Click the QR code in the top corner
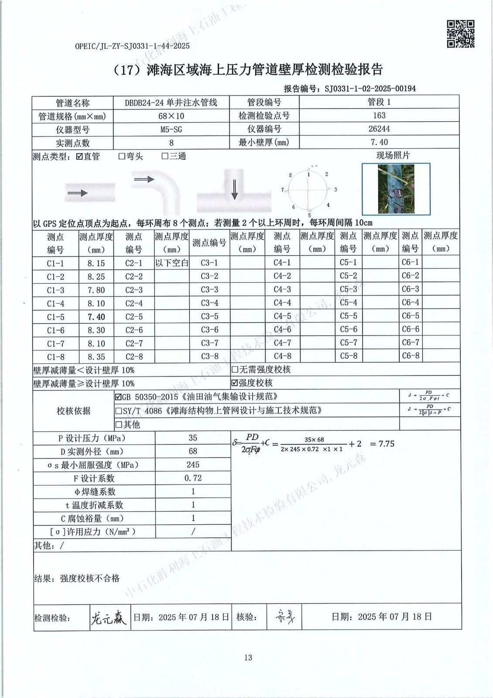click(x=460, y=34)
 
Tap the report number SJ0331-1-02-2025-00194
click(x=370, y=89)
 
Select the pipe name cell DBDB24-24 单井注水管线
click(x=171, y=103)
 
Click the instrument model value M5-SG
click(x=171, y=129)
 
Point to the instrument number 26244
click(x=379, y=129)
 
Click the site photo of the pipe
click(x=396, y=188)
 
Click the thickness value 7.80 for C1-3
click(x=96, y=290)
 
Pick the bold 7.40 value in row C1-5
click(x=96, y=317)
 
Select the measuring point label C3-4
click(x=209, y=303)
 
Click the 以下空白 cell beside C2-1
click(x=171, y=263)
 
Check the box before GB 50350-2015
click(x=118, y=397)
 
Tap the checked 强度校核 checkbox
click(x=235, y=383)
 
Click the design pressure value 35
click(x=193, y=438)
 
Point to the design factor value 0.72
click(x=193, y=478)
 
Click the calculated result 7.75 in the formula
click(x=386, y=444)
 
